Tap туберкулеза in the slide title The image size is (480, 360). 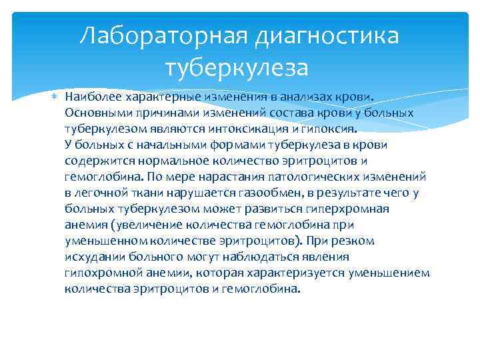click(x=240, y=68)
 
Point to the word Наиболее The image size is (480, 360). click(x=89, y=97)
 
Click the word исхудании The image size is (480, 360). click(x=91, y=257)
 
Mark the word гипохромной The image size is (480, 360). click(x=97, y=273)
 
